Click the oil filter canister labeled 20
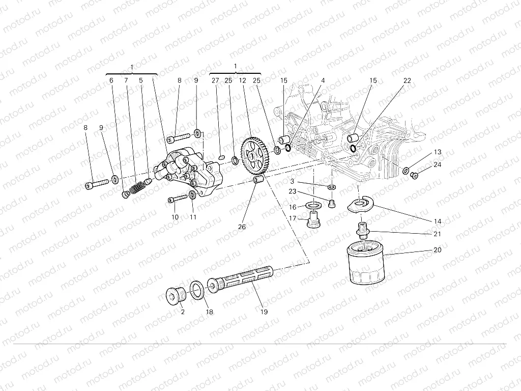[365, 263]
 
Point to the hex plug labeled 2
[177, 295]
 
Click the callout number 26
[242, 227]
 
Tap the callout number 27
[215, 80]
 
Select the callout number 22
[407, 80]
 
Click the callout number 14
[438, 221]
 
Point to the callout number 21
[438, 234]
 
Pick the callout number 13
[438, 152]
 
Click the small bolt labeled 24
[414, 176]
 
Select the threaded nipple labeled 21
[363, 231]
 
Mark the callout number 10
[175, 217]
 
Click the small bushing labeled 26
[258, 181]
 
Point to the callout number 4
[323, 80]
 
